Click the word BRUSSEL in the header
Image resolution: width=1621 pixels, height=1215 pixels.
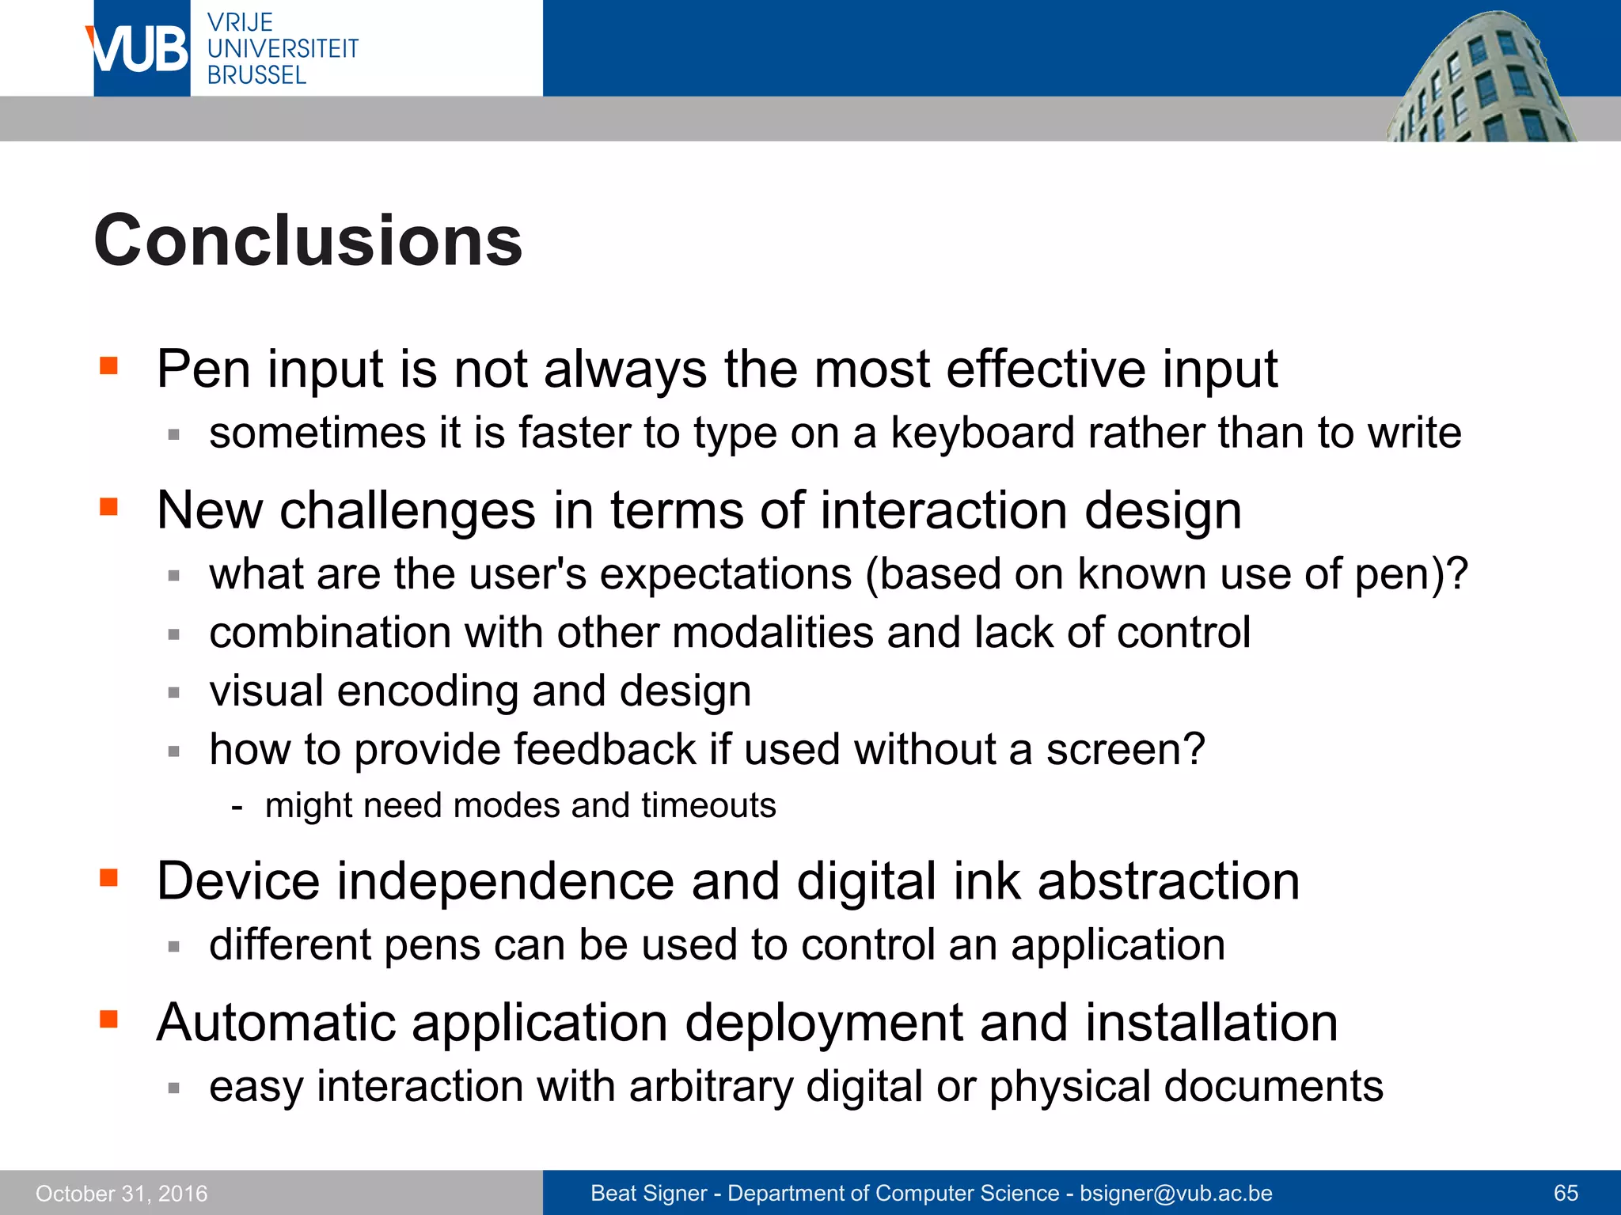click(256, 75)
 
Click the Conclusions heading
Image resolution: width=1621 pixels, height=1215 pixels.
click(308, 240)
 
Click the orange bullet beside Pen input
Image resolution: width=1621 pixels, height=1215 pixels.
click(109, 365)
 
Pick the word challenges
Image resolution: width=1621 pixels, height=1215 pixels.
click(408, 510)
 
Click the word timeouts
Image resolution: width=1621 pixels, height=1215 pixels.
click(708, 806)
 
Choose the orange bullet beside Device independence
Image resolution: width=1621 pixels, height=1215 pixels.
click(109, 878)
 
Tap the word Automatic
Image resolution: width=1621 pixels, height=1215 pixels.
click(275, 1022)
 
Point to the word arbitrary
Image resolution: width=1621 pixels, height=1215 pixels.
click(710, 1086)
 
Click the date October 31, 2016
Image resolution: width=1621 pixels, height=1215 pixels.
click(122, 1193)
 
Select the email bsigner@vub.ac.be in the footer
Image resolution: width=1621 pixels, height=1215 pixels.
click(1176, 1193)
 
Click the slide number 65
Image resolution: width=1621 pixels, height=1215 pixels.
click(1566, 1193)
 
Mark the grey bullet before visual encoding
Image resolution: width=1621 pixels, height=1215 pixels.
click(175, 693)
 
